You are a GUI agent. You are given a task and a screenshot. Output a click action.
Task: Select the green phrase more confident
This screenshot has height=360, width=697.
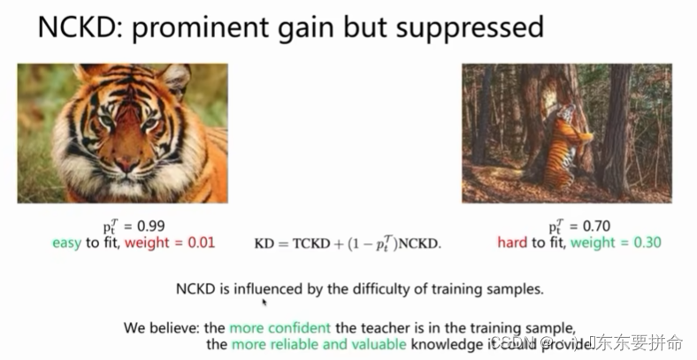(280, 327)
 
